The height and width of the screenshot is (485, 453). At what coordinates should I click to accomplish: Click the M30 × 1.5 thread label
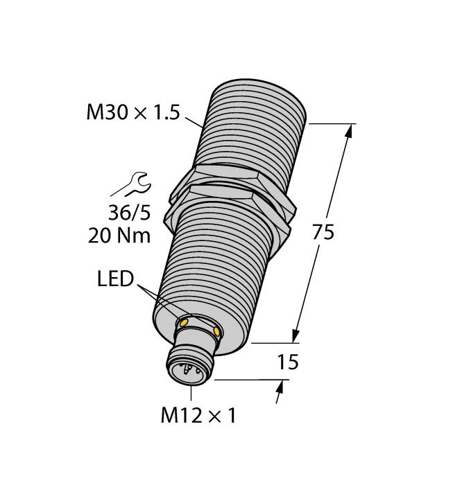[x=133, y=112]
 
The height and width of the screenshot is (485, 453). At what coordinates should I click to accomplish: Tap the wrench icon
[x=132, y=185]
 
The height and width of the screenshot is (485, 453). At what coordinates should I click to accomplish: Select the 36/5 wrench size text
[x=130, y=213]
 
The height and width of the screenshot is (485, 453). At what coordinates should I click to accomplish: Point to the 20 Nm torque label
[x=119, y=236]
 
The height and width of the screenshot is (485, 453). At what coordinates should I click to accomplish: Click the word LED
[x=115, y=279]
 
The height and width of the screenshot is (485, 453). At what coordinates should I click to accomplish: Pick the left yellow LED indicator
[x=183, y=323]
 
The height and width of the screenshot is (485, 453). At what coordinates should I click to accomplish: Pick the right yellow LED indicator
[x=217, y=332]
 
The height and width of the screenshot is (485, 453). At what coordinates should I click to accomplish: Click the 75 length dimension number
[x=323, y=232]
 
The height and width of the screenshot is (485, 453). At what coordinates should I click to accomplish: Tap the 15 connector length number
[x=288, y=362]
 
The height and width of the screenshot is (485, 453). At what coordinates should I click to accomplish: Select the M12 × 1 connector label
[x=198, y=415]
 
